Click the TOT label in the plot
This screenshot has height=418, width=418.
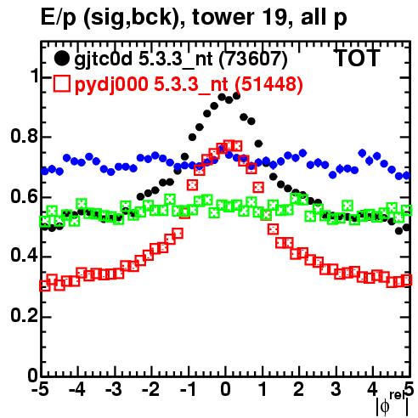357,58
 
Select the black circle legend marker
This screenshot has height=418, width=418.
61,59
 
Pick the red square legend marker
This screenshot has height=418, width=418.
61,83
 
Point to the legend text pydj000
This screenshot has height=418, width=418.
111,85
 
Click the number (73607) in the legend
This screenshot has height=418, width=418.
253,59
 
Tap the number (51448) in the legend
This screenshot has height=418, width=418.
268,84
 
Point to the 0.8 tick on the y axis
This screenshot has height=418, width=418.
24,137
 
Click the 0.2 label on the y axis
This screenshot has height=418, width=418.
24,316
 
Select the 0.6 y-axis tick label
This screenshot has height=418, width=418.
24,196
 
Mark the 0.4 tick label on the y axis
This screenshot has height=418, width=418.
24,256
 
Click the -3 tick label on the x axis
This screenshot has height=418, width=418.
114,390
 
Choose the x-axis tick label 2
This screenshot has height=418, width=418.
299,390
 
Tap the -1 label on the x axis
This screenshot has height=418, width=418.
188,390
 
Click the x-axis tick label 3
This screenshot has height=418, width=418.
336,390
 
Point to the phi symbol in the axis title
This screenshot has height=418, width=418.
385,407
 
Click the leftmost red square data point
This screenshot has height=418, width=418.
44,285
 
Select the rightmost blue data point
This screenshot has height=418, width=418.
406,176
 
